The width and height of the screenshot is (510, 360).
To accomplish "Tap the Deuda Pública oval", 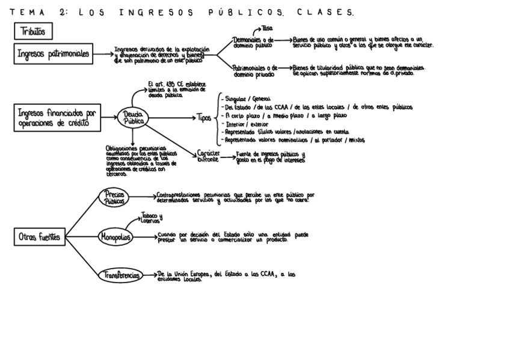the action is (x=134, y=117).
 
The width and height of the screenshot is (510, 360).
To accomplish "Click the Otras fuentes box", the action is (x=39, y=237).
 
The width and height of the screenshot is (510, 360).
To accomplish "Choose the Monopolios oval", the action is (x=115, y=237).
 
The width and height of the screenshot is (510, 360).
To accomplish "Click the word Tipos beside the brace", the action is (x=203, y=118).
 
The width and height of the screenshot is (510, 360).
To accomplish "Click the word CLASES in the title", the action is (x=330, y=11).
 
